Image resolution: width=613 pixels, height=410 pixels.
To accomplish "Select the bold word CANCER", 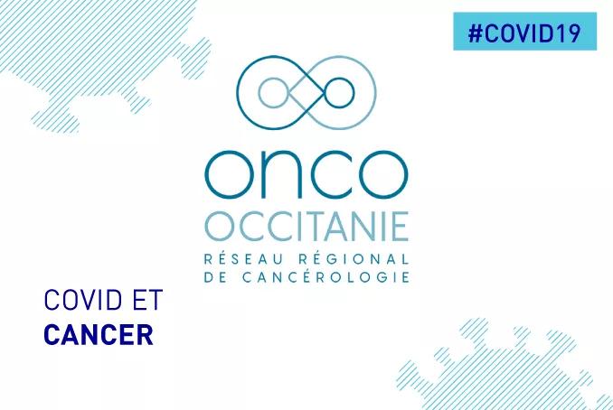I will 98,334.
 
